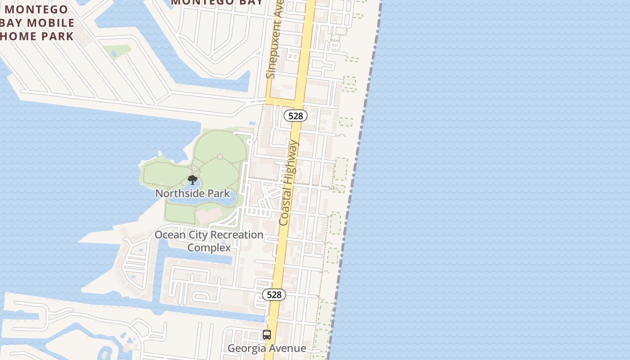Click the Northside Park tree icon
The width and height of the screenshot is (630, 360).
click(193, 180)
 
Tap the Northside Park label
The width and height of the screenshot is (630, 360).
click(193, 193)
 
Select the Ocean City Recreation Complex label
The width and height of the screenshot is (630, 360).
click(209, 241)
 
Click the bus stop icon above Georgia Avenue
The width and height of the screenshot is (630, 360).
click(267, 335)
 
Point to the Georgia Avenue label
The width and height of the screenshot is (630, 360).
click(267, 348)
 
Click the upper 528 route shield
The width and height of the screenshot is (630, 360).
click(296, 116)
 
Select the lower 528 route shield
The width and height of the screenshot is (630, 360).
click(274, 295)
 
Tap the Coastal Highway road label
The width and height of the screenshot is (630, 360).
click(289, 183)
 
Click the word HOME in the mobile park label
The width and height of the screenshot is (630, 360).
click(18, 36)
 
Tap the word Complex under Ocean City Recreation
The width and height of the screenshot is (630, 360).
click(209, 248)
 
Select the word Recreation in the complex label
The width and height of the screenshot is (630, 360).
click(237, 235)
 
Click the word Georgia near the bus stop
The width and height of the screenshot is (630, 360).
click(246, 348)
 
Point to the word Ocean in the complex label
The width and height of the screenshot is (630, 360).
click(170, 235)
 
